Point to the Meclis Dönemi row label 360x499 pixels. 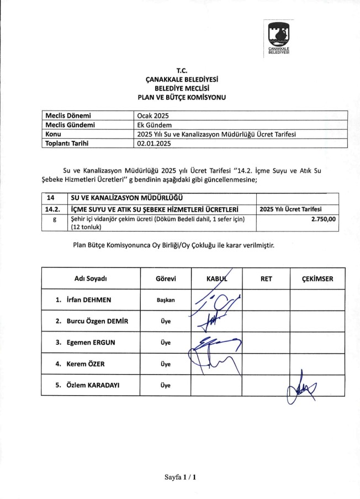pos(67,116)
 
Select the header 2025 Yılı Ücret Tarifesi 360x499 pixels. pos(291,209)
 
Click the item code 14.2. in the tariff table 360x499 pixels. pos(52,209)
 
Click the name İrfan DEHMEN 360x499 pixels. pos(88,300)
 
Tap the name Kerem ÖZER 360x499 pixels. pos(85,364)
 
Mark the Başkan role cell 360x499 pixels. pos(166,300)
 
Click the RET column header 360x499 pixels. pos(266,279)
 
